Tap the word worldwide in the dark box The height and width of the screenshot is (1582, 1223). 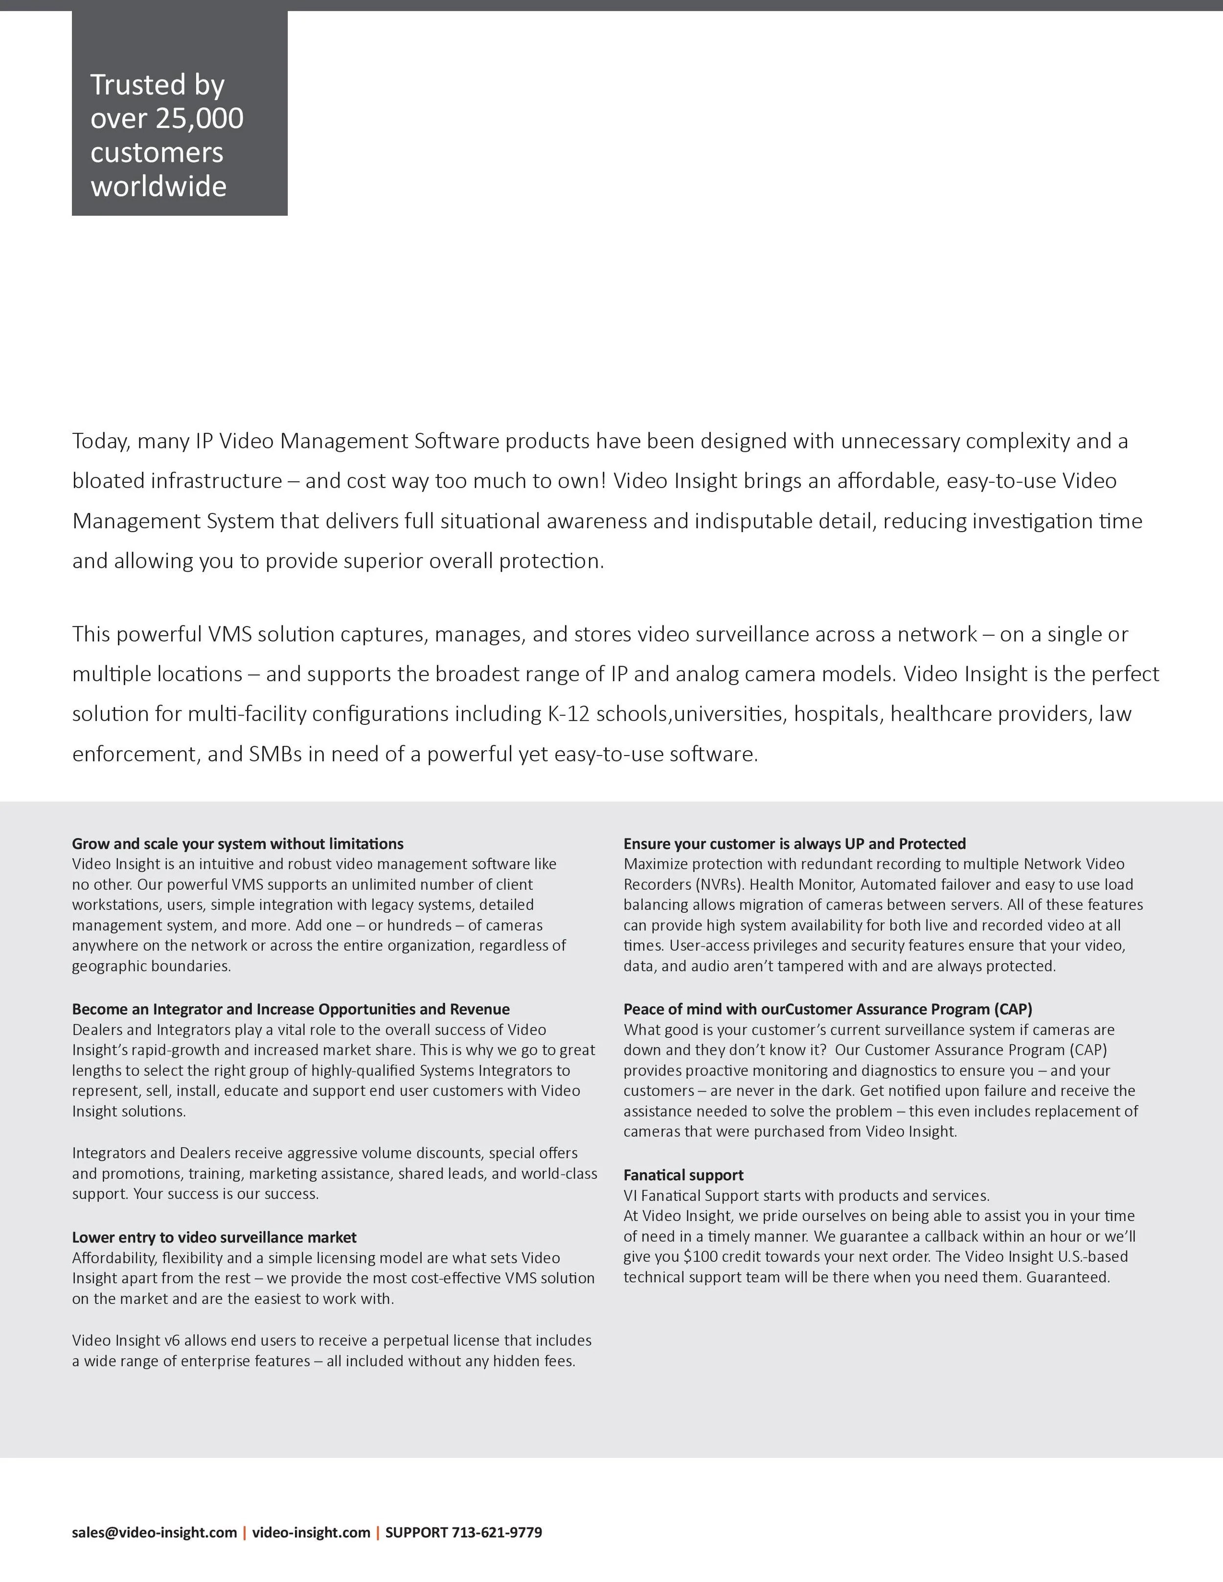tap(158, 187)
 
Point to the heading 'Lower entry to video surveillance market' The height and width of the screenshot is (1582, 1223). tap(214, 1237)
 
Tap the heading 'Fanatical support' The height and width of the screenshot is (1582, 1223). tap(683, 1175)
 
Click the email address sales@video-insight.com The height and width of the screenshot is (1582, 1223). tap(154, 1532)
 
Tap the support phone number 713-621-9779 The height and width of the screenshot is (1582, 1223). tap(497, 1532)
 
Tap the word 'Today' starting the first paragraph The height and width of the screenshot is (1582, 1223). tap(101, 441)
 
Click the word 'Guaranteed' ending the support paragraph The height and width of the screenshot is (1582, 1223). tap(1068, 1277)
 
